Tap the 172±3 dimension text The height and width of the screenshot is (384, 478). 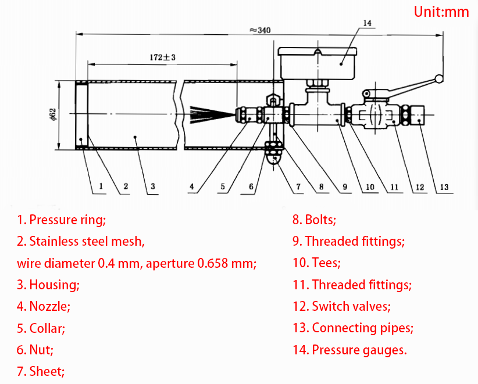pos(163,57)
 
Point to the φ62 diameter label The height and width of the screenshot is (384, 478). pos(52,115)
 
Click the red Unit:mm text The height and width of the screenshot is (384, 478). pos(441,12)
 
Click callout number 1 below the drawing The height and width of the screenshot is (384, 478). pos(101,186)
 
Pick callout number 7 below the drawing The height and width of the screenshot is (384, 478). pos(297,186)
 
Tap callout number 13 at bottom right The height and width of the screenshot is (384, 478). pos(444,186)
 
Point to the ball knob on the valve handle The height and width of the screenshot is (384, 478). pos(439,79)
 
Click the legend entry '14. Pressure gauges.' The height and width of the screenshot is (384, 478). pos(349,350)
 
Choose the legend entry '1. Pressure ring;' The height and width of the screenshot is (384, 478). pos(62,220)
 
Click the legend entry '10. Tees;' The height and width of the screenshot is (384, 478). pos(317,263)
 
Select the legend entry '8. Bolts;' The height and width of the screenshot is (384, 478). pos(315,220)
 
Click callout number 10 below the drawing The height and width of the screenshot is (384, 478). pos(369,186)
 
